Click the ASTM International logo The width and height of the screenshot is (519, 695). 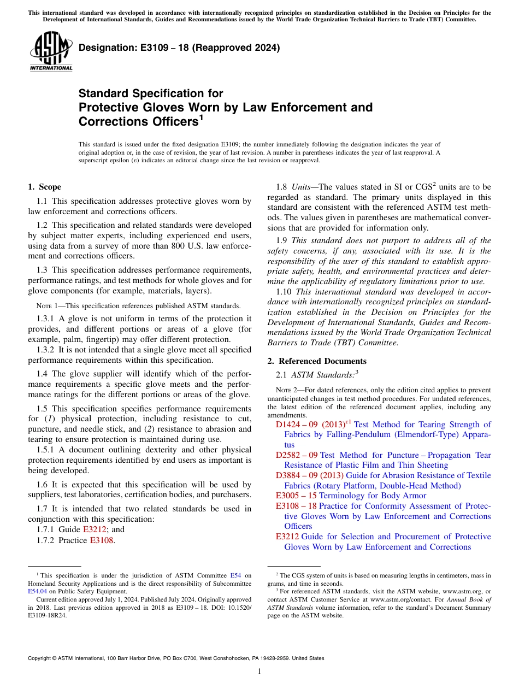point(50,51)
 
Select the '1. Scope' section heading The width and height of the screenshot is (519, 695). point(45,187)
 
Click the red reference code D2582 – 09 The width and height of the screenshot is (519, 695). point(297,455)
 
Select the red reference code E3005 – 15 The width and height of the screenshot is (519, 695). point(296,496)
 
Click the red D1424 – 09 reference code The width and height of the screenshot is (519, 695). point(297,425)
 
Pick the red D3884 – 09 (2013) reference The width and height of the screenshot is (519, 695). point(309,475)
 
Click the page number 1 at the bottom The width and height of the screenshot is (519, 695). point(259,671)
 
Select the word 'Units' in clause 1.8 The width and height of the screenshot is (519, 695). point(302,187)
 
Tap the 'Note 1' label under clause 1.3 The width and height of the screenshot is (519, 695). point(47,305)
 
